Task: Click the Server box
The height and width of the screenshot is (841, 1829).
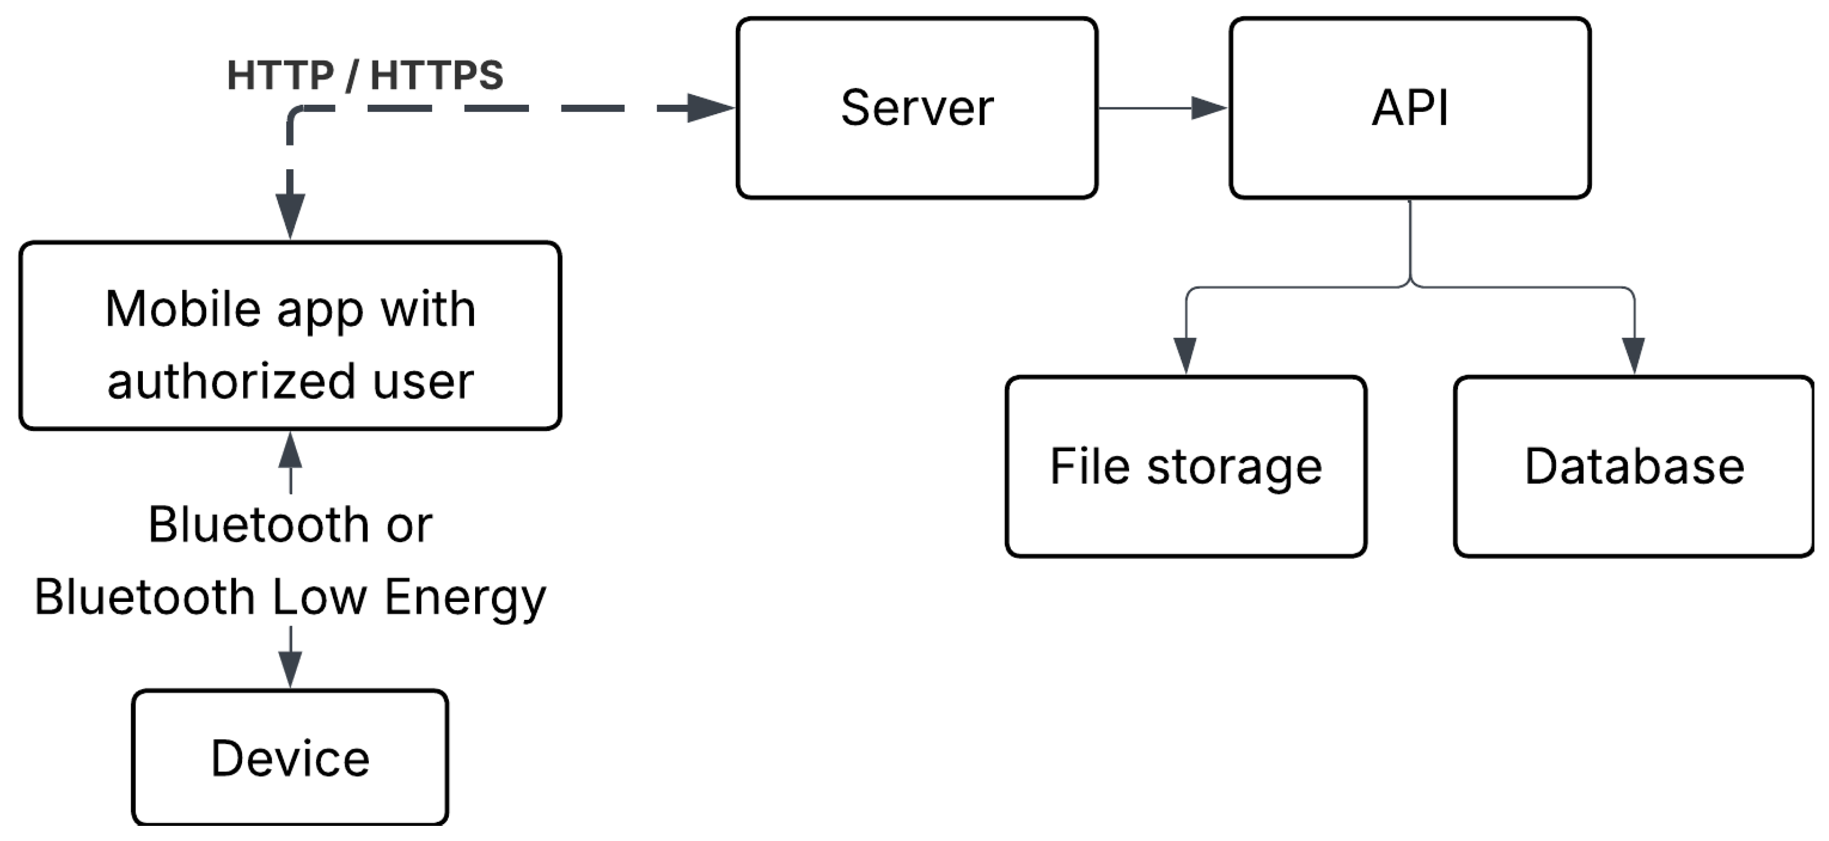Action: tap(917, 108)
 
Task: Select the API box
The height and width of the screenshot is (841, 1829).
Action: tap(1409, 108)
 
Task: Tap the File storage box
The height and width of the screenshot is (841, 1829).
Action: tap(1186, 466)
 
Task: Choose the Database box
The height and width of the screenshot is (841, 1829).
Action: tap(1634, 466)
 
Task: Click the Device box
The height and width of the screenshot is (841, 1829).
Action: tap(290, 757)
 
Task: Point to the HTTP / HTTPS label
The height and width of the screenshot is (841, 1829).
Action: tap(365, 74)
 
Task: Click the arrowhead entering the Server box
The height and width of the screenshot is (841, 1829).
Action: tap(711, 108)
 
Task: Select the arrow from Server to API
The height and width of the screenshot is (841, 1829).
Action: tap(1162, 108)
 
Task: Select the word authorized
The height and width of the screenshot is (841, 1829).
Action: tap(231, 382)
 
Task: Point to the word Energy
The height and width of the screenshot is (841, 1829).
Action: tap(465, 597)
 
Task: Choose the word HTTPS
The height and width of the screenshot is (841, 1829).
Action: tap(437, 74)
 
